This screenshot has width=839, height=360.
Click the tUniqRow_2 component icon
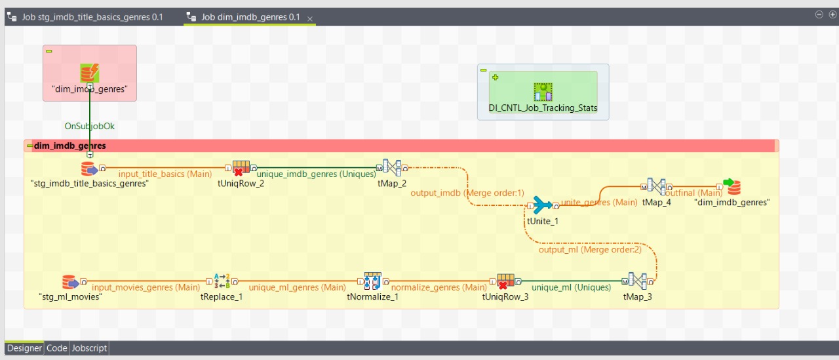pos(241,169)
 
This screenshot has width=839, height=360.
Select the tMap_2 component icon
pos(392,169)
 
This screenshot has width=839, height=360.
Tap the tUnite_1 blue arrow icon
pos(543,205)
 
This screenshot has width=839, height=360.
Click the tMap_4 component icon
pos(656,187)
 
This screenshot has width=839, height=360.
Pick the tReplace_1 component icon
pos(222,282)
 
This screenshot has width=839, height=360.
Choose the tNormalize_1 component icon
pos(372,282)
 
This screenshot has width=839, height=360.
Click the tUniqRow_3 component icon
pos(505,282)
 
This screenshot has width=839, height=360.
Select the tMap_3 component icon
pos(637,282)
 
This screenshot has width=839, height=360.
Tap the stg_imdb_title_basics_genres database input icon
pos(89,169)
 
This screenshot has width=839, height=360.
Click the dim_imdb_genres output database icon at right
pos(732,187)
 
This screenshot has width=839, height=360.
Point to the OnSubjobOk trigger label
pos(90,126)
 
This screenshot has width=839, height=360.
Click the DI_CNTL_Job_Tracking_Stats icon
pos(543,92)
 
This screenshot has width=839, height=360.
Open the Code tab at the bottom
pos(56,348)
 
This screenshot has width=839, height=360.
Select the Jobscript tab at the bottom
pos(89,348)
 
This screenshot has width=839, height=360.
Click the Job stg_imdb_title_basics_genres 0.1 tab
pos(92,17)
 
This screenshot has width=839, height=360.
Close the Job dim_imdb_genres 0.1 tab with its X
pos(310,18)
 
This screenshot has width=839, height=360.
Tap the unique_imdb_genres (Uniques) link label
pos(317,174)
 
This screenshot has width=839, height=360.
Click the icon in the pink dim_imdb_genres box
pos(90,73)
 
